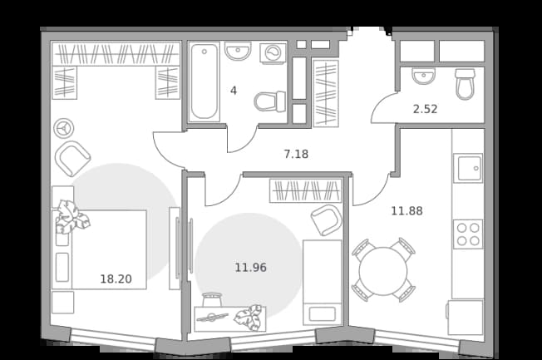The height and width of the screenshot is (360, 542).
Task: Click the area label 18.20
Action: (x=116, y=279)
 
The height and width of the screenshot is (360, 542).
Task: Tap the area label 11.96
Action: (x=250, y=268)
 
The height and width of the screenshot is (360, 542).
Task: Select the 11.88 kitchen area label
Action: (x=406, y=210)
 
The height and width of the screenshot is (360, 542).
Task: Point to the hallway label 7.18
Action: (x=296, y=154)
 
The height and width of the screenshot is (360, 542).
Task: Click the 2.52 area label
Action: (x=425, y=109)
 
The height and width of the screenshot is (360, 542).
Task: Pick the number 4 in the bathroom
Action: (x=234, y=91)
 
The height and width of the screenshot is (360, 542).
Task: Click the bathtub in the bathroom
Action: (x=204, y=81)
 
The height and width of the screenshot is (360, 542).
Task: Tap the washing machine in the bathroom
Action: (x=273, y=53)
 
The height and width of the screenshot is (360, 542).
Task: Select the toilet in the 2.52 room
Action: (x=465, y=84)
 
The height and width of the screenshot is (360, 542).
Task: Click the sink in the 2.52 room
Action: (x=423, y=76)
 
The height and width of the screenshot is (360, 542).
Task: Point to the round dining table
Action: (x=383, y=271)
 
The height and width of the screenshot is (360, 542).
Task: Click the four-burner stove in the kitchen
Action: (x=468, y=234)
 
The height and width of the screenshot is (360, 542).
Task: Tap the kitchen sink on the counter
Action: (x=468, y=168)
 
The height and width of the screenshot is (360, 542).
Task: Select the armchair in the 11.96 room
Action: (x=327, y=220)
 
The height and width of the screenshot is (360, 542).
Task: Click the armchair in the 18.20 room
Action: (x=72, y=159)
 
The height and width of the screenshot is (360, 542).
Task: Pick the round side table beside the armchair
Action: (x=64, y=129)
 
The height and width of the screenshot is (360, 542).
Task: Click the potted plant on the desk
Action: (x=249, y=318)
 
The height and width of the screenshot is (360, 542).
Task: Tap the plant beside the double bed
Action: (x=71, y=217)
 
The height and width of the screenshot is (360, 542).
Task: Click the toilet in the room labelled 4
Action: (x=270, y=102)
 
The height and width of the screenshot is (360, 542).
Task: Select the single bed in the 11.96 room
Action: (x=323, y=283)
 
